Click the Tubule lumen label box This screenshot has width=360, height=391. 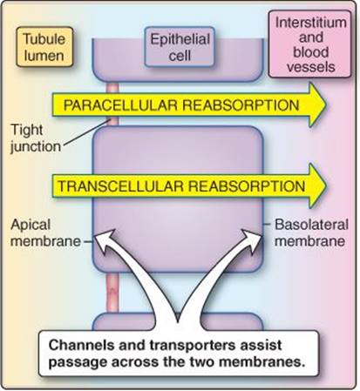tap(44, 47)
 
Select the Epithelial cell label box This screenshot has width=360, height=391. tap(180, 47)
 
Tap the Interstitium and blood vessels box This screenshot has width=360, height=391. tap(310, 44)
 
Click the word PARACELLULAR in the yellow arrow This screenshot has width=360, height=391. tap(120, 104)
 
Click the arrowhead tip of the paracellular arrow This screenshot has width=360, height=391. tap(326, 104)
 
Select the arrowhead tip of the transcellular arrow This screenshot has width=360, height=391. tap(326, 186)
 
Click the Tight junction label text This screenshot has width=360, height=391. tap(36, 138)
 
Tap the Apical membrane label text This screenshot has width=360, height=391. tap(45, 233)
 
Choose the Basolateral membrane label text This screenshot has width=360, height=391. tap(311, 233)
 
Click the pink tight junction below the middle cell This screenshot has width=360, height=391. tap(112, 293)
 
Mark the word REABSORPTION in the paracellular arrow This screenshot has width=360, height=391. tap(241, 104)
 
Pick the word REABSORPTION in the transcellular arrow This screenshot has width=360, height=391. tap(247, 186)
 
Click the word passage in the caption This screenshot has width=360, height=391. tap(78, 363)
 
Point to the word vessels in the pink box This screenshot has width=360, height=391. tap(310, 67)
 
